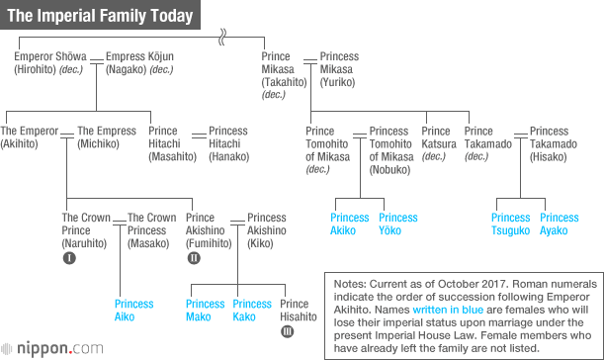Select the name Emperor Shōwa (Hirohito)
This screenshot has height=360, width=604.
pos(49,63)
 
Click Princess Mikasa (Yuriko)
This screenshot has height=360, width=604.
pos(339,63)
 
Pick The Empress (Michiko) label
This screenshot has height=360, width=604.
pos(106,137)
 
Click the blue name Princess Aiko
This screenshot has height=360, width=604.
pos(133,311)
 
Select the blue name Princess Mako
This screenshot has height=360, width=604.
pos(205,311)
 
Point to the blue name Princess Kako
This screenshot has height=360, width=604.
pos(251,311)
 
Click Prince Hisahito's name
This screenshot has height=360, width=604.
pos(299,311)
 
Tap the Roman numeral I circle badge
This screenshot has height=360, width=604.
pos(69,259)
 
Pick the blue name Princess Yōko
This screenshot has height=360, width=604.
pos(397,225)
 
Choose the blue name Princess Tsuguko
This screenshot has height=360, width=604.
pos(511,225)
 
